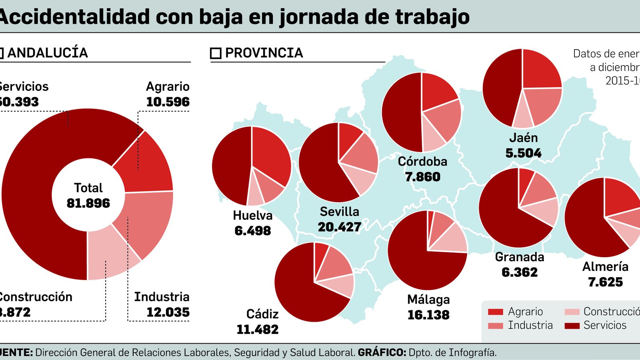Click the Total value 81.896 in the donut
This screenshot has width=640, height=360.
coord(88,203)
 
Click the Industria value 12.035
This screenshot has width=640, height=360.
coord(168,312)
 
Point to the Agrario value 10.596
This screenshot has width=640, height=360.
coord(168,102)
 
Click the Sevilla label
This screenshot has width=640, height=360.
coord(339,212)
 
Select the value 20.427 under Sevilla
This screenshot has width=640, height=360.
coord(339,227)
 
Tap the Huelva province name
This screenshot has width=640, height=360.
coord(252,216)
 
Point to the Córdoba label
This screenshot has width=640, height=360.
coord(422,162)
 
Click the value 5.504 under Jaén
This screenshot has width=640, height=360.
coord(523,153)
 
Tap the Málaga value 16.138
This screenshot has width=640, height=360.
coord(428,315)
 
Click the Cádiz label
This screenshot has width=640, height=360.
coord(262,314)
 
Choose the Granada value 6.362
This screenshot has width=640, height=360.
coord(520,272)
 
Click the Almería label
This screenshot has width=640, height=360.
coord(605,267)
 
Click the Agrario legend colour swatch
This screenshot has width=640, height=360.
coord(495,312)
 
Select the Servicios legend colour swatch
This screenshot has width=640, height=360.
coord(572,326)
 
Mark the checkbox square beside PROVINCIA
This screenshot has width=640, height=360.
coord(216,53)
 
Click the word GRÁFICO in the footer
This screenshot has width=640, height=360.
coord(382,352)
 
